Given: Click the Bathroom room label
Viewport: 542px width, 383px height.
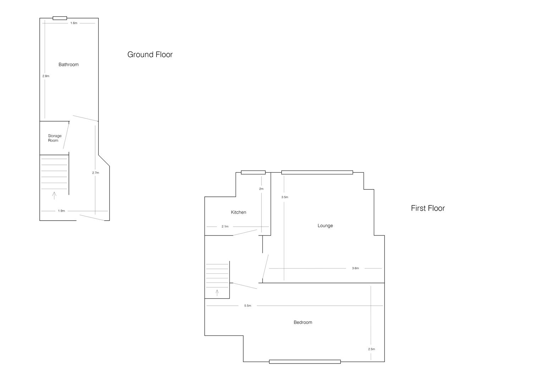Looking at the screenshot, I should pos(68,65).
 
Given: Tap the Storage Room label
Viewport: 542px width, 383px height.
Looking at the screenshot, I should pos(55,138).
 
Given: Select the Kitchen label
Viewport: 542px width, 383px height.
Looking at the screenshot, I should pos(238,212).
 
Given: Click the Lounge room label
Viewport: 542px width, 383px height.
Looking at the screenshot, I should pos(325,226).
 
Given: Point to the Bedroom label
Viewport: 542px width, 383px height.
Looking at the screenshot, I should pos(303,322).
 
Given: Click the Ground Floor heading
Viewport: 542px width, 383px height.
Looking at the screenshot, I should pos(150,54).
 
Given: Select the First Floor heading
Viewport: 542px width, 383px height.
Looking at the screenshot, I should pos(427,208).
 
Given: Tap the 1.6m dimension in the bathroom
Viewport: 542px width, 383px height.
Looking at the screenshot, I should pos(73,23).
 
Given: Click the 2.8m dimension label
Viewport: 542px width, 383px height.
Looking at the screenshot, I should pos(46,76).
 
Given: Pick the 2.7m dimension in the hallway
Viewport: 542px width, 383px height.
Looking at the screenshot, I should pos(95,173).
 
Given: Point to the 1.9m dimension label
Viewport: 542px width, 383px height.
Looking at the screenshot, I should pos(61,211).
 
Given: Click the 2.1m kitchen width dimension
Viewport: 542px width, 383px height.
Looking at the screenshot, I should pos(225,226).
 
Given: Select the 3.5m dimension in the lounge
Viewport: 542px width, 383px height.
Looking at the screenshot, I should pos(284,197).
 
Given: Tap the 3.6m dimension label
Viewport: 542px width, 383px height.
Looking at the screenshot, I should pos(355,268).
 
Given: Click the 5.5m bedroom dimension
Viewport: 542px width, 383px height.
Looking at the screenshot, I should pos(247,305).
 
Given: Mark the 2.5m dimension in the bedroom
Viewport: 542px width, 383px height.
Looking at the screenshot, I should pos(371,349).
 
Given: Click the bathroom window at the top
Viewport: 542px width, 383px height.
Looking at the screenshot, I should pos(60,18).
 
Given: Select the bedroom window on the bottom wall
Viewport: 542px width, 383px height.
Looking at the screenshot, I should pos(305,362).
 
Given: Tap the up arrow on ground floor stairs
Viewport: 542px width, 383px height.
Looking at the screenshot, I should pos(54,195).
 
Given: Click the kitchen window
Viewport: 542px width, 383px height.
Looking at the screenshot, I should pos(253,172).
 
